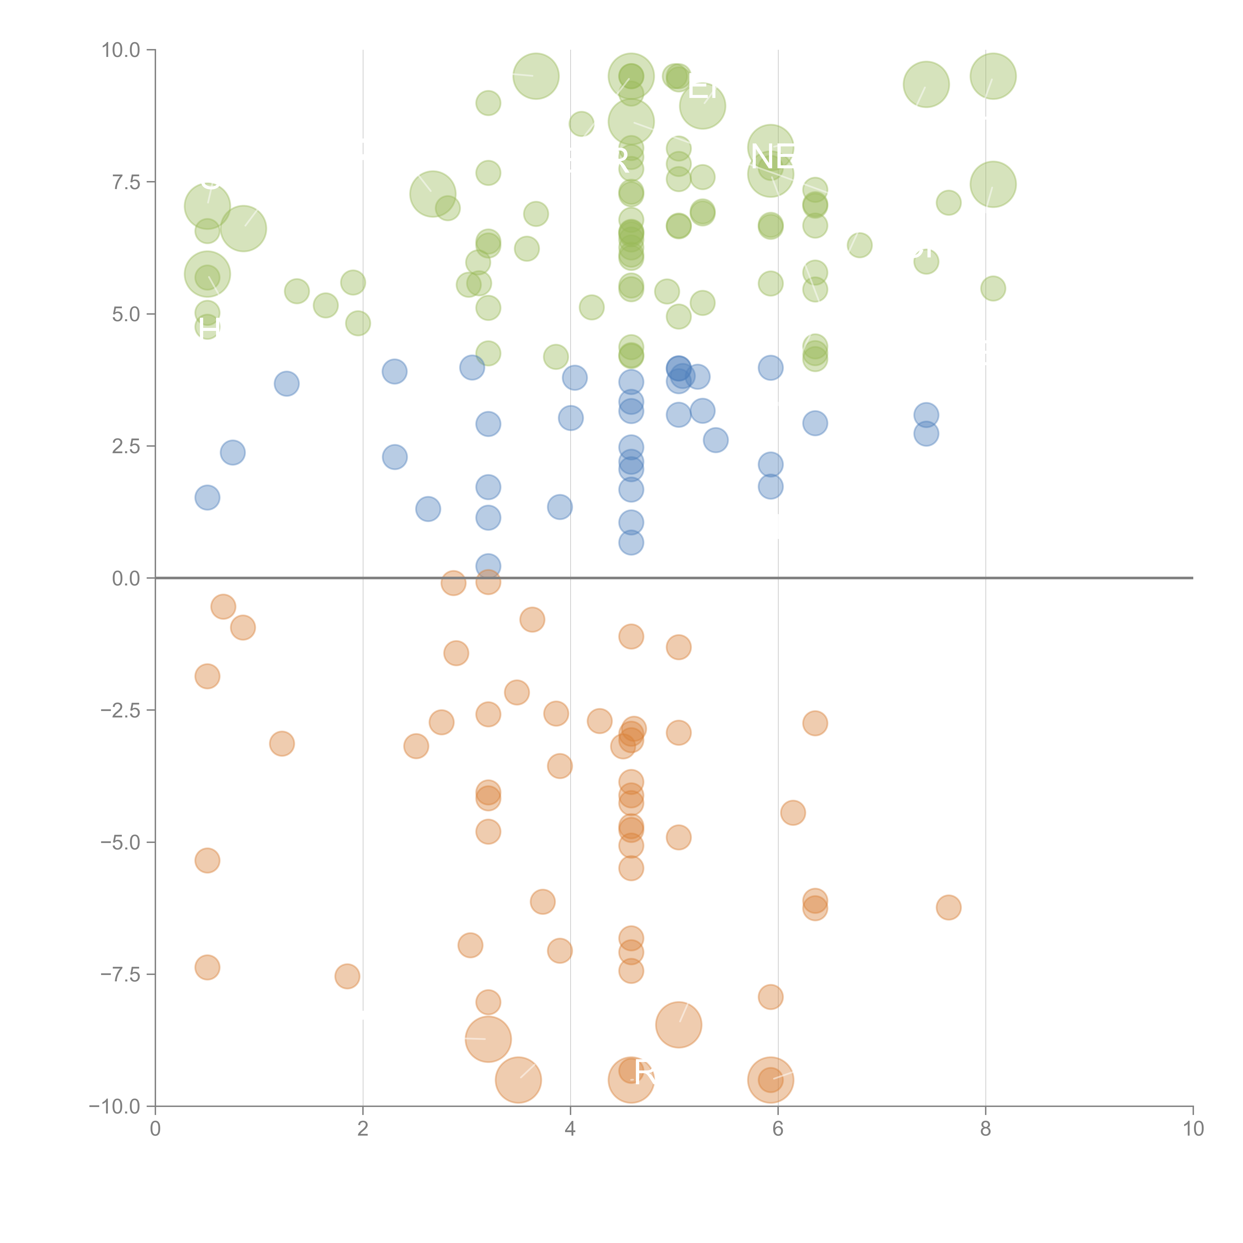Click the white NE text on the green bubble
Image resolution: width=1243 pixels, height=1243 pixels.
(x=772, y=157)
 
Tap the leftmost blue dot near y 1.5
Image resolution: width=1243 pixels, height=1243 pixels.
(x=207, y=497)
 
